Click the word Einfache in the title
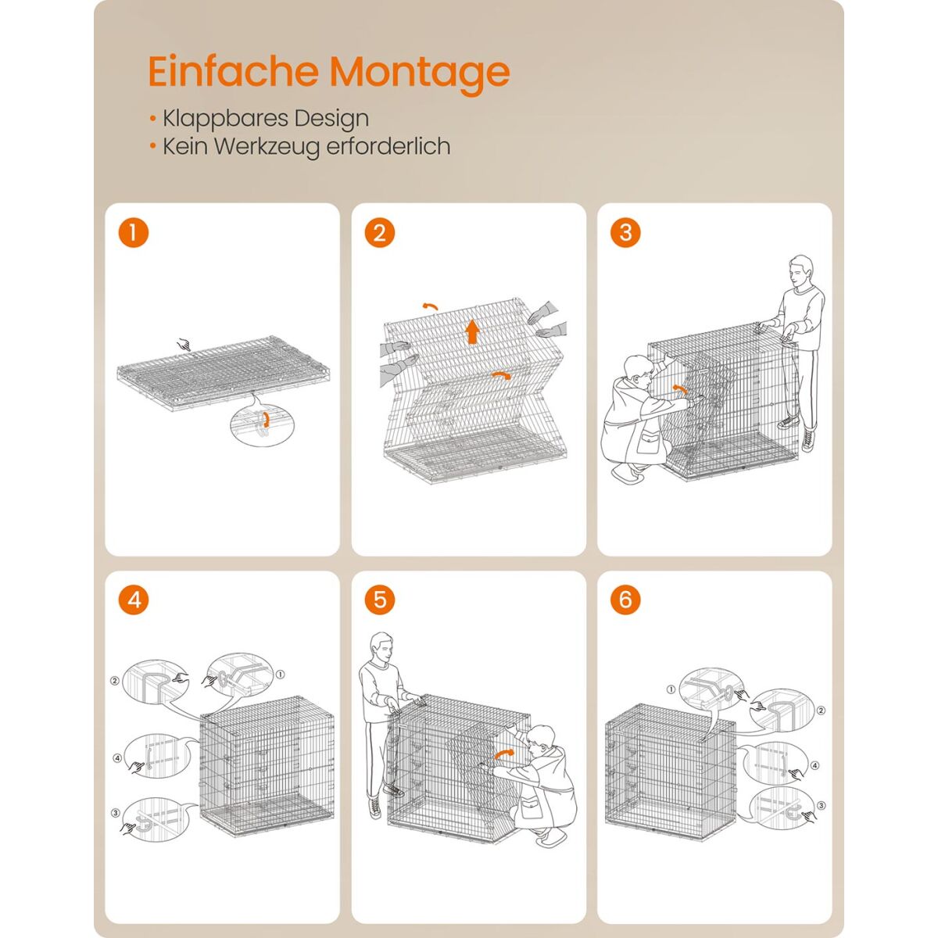[x=234, y=71]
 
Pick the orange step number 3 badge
[x=625, y=233]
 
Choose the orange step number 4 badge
[x=134, y=600]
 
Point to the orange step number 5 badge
[x=380, y=600]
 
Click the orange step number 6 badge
[x=625, y=600]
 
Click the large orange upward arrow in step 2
[x=472, y=331]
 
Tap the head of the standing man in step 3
[x=800, y=270]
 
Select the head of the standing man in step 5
[x=381, y=646]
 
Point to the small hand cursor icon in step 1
[x=184, y=345]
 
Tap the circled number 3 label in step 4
[x=116, y=813]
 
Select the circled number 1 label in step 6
[x=671, y=689]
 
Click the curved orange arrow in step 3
[x=680, y=388]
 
